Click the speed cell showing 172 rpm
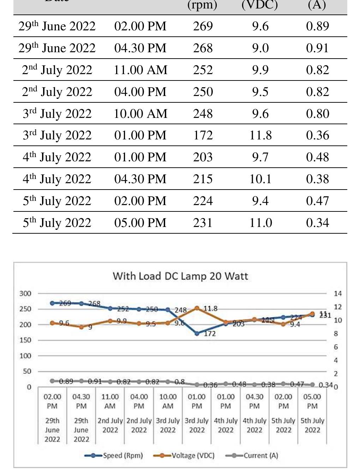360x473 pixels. (203, 135)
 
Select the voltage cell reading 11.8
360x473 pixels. (260, 135)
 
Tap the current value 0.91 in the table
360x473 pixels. (317, 48)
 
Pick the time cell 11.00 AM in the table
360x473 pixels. (140, 70)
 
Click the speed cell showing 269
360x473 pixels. (203, 26)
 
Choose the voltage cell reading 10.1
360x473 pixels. (260, 179)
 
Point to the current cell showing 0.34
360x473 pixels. (317, 223)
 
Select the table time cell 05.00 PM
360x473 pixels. (140, 223)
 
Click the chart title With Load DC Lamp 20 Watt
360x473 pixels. (180, 276)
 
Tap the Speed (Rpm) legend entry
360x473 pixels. (114, 455)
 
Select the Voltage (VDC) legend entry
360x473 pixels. (184, 455)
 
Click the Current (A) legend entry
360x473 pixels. (252, 455)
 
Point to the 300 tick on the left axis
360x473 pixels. (25, 293)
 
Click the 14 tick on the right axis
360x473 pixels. (337, 293)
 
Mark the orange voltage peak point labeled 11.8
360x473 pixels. (197, 309)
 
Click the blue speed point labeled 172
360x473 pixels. (197, 333)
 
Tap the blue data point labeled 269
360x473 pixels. (52, 303)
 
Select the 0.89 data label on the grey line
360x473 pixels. (66, 381)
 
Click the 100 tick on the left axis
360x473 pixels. (25, 356)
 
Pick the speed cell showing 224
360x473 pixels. (203, 201)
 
